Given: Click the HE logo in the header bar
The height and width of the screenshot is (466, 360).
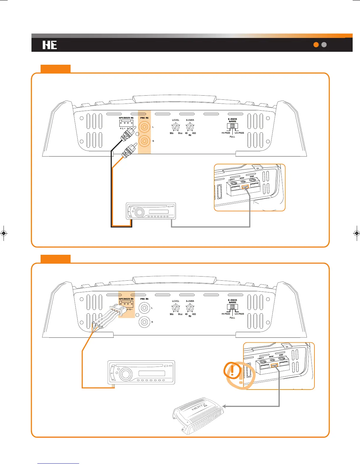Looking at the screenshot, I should click(x=50, y=45).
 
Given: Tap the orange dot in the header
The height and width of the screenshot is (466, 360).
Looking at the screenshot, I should click(x=316, y=45).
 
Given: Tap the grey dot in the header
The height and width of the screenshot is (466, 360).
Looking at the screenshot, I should click(x=324, y=45).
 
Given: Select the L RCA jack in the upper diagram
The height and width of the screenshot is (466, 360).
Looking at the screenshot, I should click(x=144, y=127).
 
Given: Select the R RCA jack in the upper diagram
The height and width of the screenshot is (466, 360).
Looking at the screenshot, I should click(x=144, y=141).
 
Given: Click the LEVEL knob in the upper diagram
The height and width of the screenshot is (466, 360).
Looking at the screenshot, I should click(x=176, y=127).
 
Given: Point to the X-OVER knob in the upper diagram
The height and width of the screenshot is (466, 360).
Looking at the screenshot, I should click(x=190, y=127).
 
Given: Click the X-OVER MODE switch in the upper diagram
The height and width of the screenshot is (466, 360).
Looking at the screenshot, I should click(x=232, y=126).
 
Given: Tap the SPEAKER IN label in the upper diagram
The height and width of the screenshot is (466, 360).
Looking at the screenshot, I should click(x=126, y=118).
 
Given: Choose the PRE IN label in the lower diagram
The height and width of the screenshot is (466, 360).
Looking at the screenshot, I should click(x=144, y=299).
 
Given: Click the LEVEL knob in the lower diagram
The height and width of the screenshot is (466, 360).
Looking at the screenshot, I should click(x=176, y=308).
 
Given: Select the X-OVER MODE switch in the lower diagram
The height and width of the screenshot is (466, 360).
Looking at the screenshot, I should click(x=232, y=307).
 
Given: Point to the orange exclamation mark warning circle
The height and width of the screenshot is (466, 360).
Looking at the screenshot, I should click(x=232, y=370).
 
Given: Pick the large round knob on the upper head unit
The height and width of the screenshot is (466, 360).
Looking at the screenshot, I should click(x=139, y=212).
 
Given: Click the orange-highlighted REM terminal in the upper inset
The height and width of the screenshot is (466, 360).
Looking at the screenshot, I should click(x=245, y=186).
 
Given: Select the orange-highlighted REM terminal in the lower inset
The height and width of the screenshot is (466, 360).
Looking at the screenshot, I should click(x=274, y=365).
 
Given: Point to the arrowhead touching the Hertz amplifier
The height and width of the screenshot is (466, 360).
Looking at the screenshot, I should click(x=224, y=406).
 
